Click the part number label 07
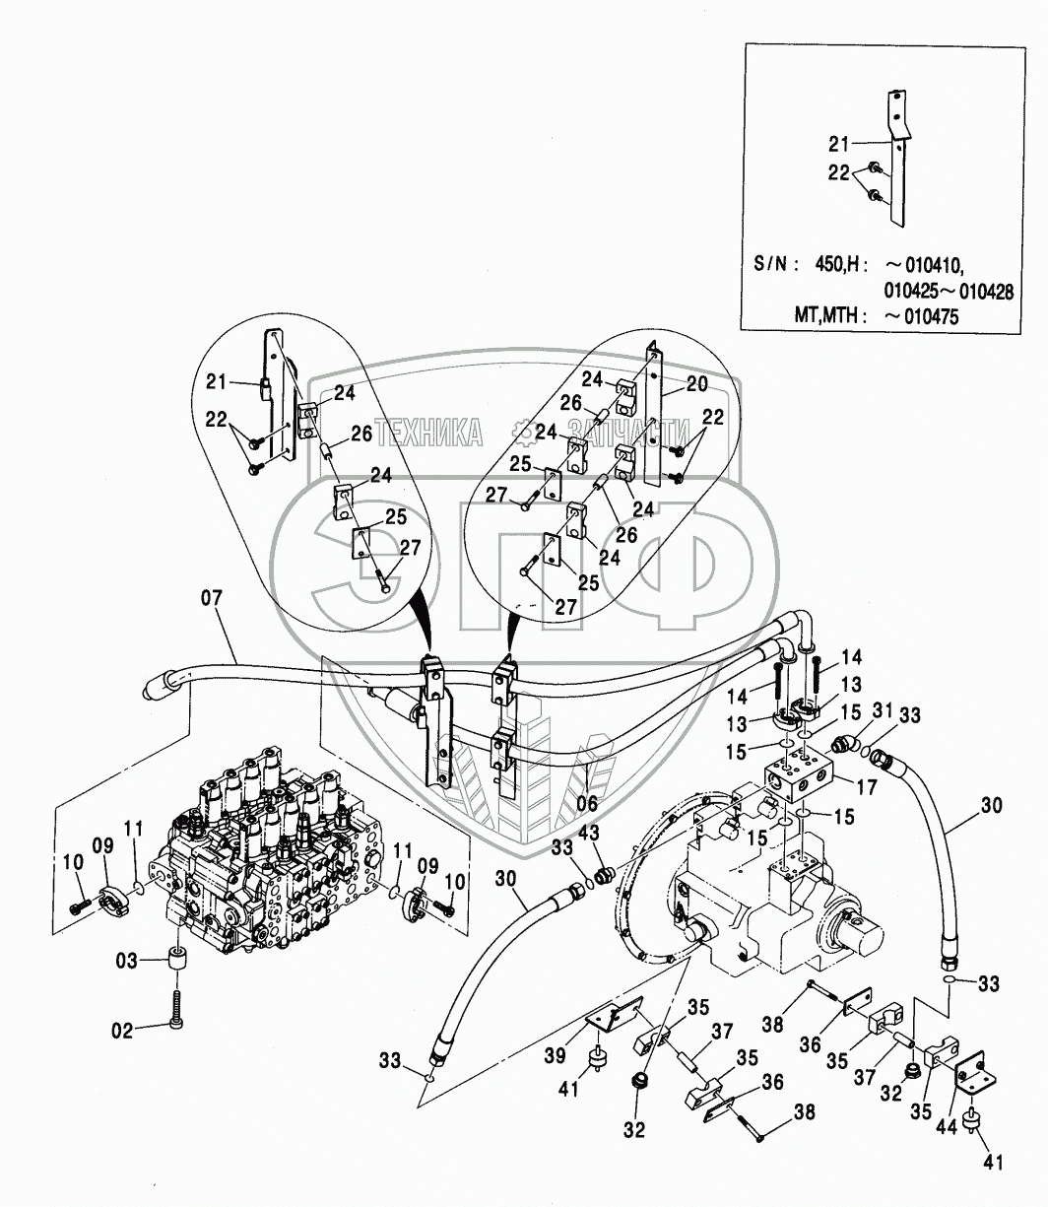(x=213, y=597)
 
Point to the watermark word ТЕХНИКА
(x=428, y=431)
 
